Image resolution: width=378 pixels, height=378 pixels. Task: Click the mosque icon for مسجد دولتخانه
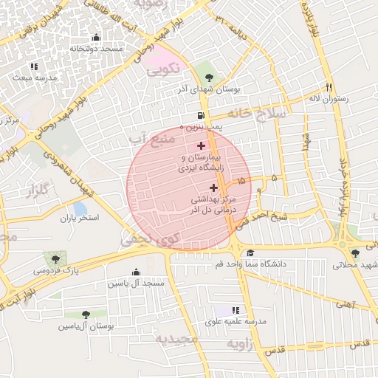tap(94, 38)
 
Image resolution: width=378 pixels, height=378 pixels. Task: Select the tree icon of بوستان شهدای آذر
tap(209, 76)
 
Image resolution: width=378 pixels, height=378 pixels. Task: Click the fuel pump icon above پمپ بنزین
tap(201, 116)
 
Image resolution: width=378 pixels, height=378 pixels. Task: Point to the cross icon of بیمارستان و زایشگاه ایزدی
tap(201, 146)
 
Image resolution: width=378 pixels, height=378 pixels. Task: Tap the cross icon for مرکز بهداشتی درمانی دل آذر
tap(213, 188)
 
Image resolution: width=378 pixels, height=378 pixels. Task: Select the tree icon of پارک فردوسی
tap(55, 258)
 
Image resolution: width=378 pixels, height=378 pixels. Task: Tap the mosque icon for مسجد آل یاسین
tap(135, 272)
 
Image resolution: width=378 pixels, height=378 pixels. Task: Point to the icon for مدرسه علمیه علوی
tap(236, 311)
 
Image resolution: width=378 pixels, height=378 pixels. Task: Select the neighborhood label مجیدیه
tap(176, 338)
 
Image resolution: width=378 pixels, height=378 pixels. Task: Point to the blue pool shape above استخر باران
tap(80, 210)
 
